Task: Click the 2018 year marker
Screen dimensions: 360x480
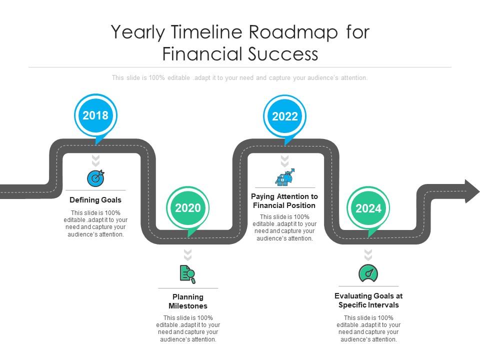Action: pyautogui.click(x=95, y=115)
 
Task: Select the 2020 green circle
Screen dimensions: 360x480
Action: pyautogui.click(x=187, y=208)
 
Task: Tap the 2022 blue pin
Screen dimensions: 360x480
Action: pyautogui.click(x=285, y=116)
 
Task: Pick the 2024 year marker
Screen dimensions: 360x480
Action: pyautogui.click(x=368, y=208)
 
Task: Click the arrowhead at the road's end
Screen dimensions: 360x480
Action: pyautogui.click(x=470, y=191)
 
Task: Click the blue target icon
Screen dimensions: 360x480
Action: pyautogui.click(x=95, y=178)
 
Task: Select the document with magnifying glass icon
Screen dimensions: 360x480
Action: pyautogui.click(x=187, y=274)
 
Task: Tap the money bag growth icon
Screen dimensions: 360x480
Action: pyautogui.click(x=285, y=177)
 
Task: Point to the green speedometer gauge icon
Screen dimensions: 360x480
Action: pyautogui.click(x=368, y=273)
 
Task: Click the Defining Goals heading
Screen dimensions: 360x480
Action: pyautogui.click(x=95, y=200)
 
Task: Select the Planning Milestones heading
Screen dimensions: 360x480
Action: pyautogui.click(x=187, y=301)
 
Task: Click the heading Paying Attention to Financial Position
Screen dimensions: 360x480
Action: pyautogui.click(x=284, y=201)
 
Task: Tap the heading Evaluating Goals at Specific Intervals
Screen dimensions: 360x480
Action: pyautogui.click(x=368, y=300)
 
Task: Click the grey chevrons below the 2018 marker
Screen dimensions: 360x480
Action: pyautogui.click(x=95, y=160)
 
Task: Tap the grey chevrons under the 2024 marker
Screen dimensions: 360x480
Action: pyautogui.click(x=368, y=254)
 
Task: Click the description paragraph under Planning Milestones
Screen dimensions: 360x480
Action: pyautogui.click(x=187, y=328)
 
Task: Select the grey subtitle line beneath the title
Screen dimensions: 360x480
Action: pyautogui.click(x=240, y=78)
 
